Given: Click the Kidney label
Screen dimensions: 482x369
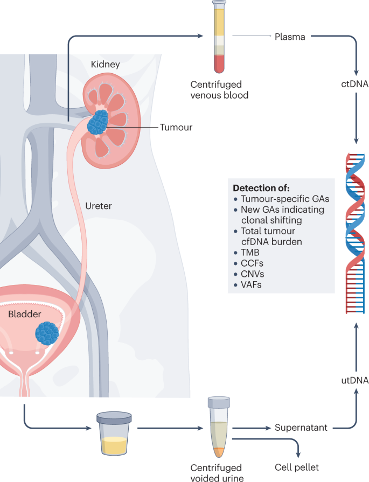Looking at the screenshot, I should click(106, 65).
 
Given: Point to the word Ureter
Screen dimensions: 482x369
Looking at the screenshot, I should click(99, 205).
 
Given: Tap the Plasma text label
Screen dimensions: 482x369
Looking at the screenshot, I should click(290, 37).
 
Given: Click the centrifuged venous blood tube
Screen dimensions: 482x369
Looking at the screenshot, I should click(219, 38).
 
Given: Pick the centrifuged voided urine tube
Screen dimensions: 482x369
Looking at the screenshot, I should click(219, 425).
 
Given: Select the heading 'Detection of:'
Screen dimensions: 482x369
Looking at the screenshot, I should click(261, 188).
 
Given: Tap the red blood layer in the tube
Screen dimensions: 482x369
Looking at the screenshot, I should click(219, 64).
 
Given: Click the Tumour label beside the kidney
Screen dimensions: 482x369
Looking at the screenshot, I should click(176, 128).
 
